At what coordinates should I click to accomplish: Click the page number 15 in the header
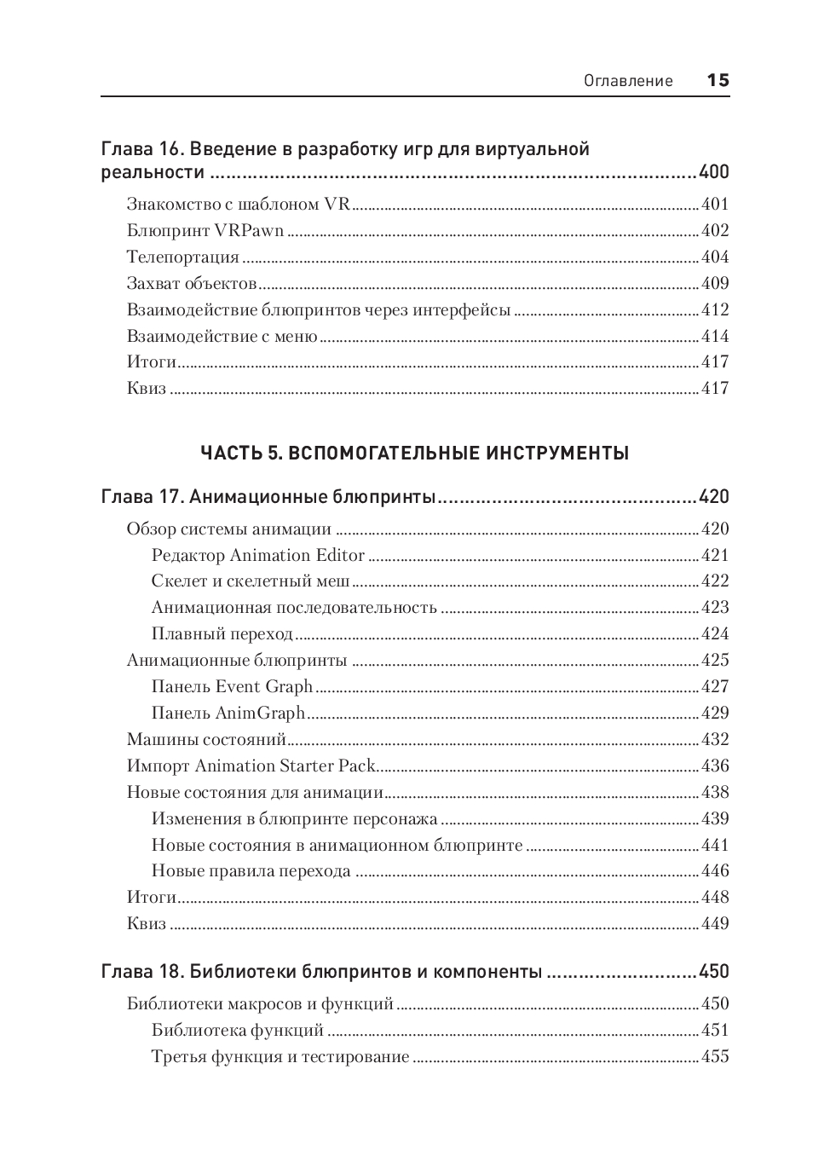click(718, 81)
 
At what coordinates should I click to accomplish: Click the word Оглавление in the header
click(628, 82)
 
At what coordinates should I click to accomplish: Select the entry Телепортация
click(182, 257)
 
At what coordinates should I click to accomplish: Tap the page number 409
click(715, 284)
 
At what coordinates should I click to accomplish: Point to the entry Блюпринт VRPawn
click(205, 231)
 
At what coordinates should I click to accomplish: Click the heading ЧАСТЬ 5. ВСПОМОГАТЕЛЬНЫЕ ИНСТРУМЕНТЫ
click(414, 454)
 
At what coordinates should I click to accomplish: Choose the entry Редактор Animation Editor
click(257, 556)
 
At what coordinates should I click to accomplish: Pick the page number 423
click(715, 608)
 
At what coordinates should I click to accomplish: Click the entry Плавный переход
click(222, 634)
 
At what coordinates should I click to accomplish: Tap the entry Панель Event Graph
click(232, 687)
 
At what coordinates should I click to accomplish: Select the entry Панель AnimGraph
click(228, 714)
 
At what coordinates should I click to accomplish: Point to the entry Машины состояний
click(206, 740)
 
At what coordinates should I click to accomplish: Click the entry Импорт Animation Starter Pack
click(251, 766)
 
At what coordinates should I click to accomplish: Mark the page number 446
click(715, 871)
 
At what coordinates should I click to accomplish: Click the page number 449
click(715, 924)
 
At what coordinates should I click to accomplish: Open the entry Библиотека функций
click(237, 1031)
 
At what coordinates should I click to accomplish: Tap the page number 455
click(715, 1057)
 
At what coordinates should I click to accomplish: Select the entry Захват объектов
click(192, 284)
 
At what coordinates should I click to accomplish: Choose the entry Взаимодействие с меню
click(222, 337)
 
